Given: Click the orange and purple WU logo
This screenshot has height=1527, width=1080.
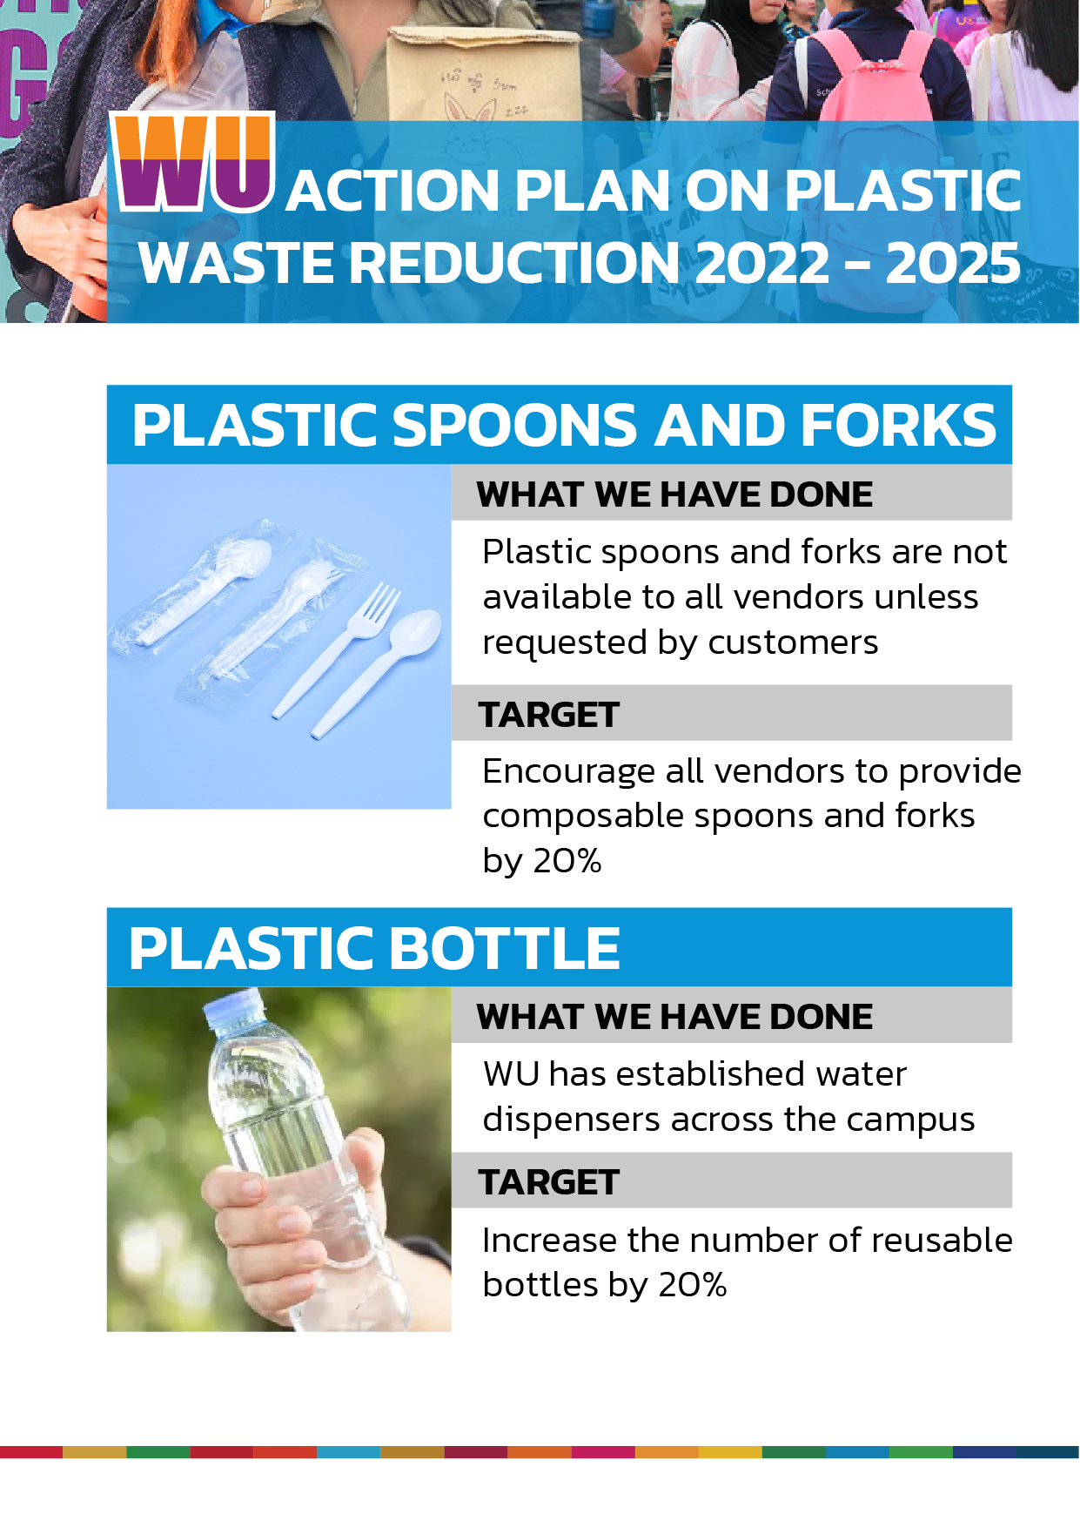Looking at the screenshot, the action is (194, 163).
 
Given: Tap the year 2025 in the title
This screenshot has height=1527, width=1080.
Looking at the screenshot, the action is (953, 263).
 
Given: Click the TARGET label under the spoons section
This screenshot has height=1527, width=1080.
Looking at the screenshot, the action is (548, 715).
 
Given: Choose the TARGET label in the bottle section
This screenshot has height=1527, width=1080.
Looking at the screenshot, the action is (548, 1182).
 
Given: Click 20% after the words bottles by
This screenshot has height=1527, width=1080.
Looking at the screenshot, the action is (692, 1285).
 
